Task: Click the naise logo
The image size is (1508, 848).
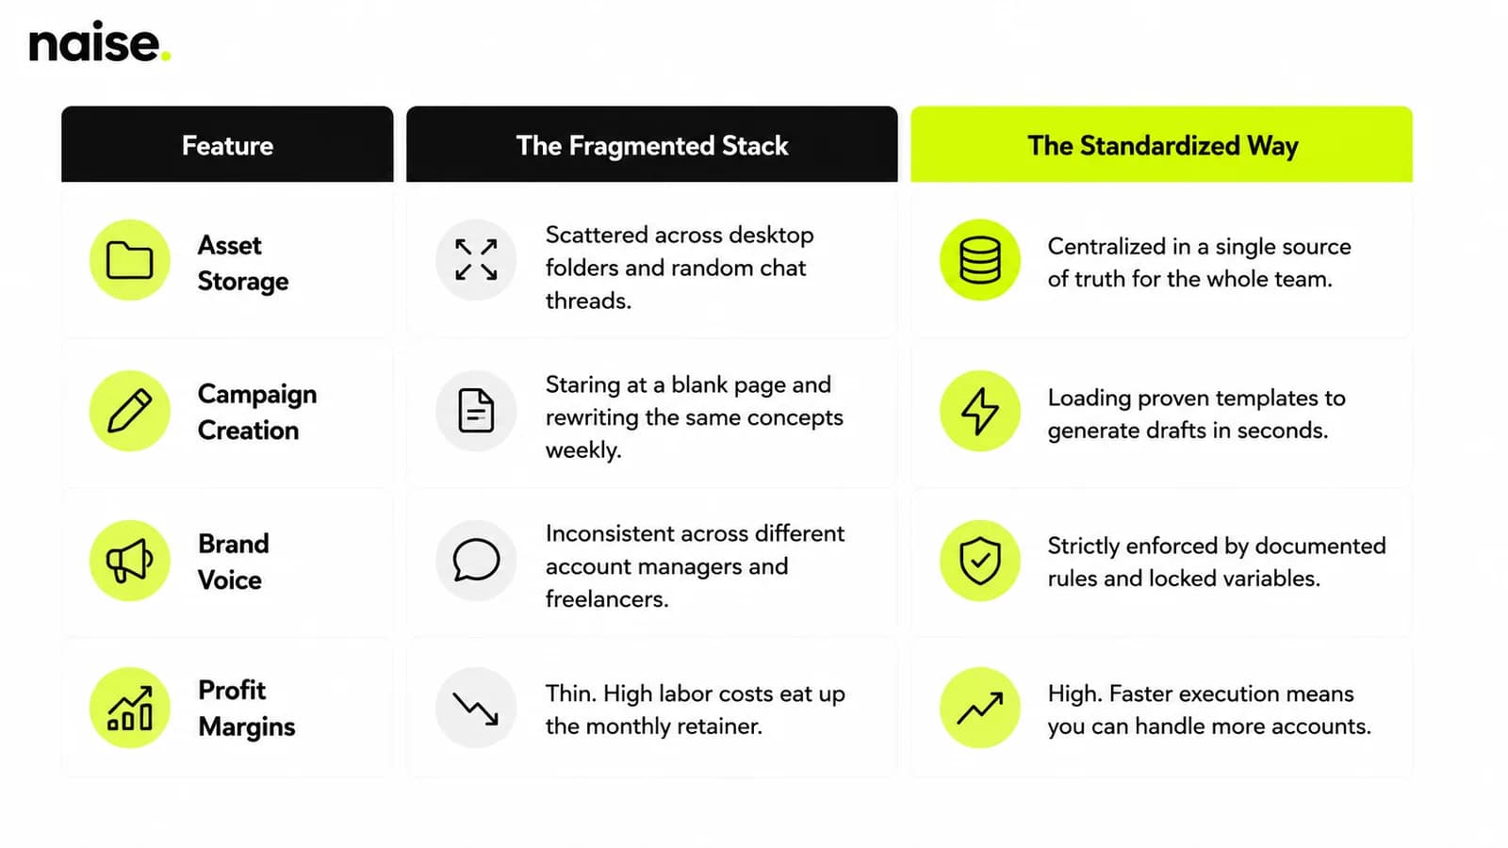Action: (100, 41)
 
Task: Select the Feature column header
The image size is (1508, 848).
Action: (227, 144)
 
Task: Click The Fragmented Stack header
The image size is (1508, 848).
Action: (651, 144)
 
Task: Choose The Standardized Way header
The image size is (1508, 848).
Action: (1161, 144)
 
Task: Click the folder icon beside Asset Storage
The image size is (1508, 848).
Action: (130, 260)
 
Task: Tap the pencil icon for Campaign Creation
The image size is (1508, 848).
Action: (130, 411)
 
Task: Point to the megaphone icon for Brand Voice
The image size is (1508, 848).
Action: (130, 560)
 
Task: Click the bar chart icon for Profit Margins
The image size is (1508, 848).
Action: (130, 708)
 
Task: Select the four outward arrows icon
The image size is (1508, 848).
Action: (476, 260)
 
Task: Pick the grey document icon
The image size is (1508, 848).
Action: (476, 411)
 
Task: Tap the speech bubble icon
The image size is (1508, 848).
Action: (476, 560)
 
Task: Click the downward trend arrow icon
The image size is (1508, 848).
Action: (476, 708)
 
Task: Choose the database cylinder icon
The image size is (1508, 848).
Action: (979, 260)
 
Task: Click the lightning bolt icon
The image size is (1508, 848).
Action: (979, 411)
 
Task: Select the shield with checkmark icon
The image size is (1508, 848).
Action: (979, 560)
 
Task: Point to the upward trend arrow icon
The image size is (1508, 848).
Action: (979, 708)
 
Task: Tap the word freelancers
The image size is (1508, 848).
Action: (607, 598)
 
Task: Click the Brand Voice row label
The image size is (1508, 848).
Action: (233, 562)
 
